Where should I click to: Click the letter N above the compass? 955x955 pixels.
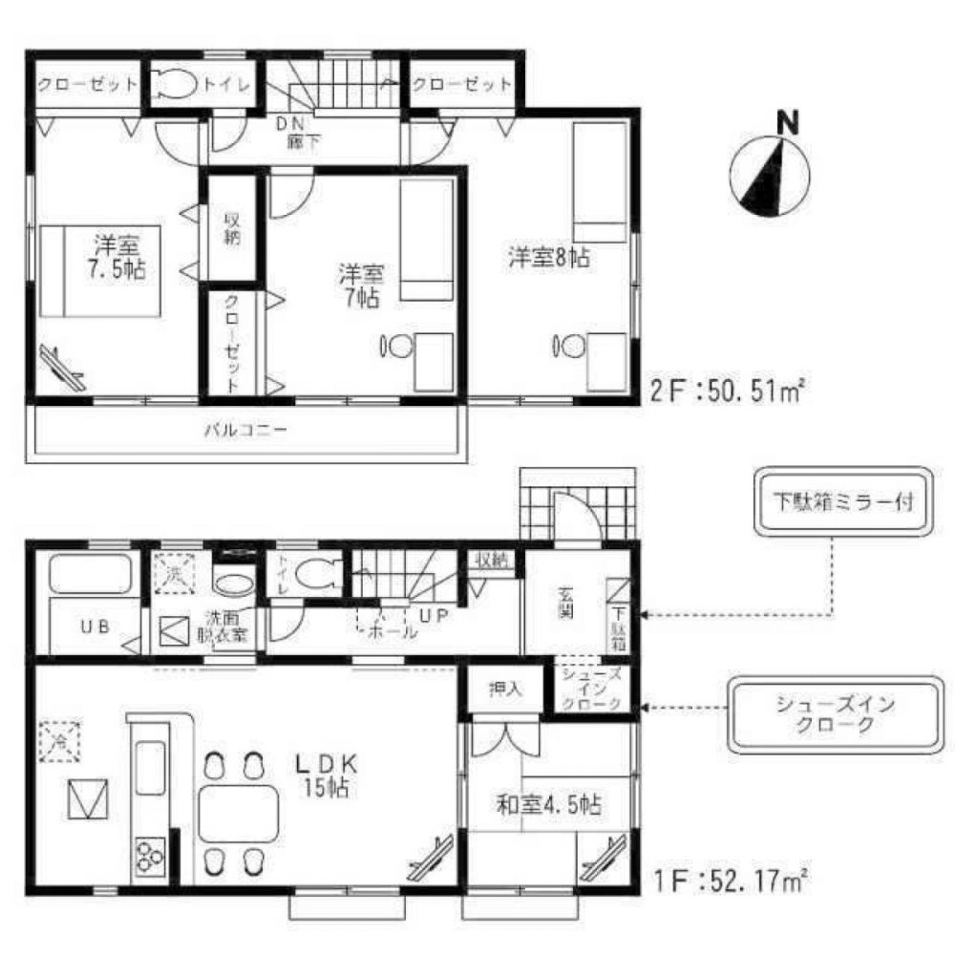point(787,123)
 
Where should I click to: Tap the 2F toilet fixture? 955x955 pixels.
point(173,85)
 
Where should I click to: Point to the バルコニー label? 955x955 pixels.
point(245,431)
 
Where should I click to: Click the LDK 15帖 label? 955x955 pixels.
point(325,775)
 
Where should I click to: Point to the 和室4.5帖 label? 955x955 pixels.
point(548,805)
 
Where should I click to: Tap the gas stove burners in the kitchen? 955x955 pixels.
point(149,854)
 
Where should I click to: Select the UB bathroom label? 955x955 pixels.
point(92,628)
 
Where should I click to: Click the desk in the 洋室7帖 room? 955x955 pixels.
point(435,360)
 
